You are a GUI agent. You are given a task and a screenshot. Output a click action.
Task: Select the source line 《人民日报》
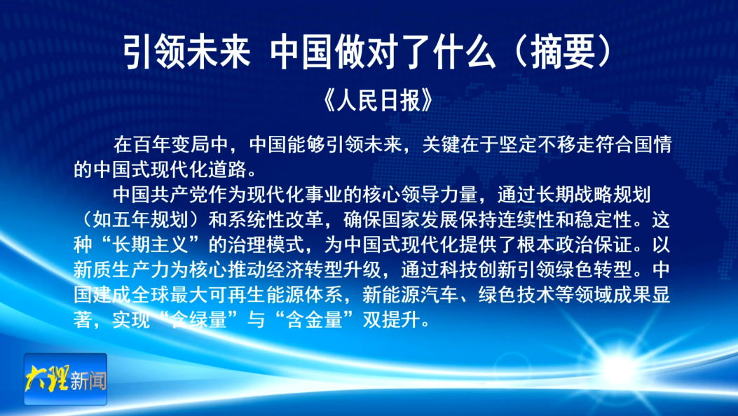point(378,99)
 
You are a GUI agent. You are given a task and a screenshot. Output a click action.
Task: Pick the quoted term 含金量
point(315,321)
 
